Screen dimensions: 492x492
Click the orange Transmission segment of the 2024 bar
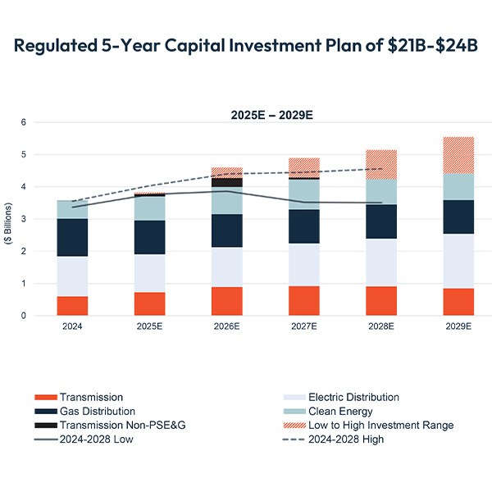click(72, 306)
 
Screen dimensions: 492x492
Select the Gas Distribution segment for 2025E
click(149, 237)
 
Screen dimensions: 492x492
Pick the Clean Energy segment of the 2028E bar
click(381, 192)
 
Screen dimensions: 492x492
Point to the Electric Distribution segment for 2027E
click(304, 264)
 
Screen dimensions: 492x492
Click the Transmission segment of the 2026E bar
click(226, 301)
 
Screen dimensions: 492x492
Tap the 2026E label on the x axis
click(226, 326)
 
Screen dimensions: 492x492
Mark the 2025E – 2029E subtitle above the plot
click(271, 115)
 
